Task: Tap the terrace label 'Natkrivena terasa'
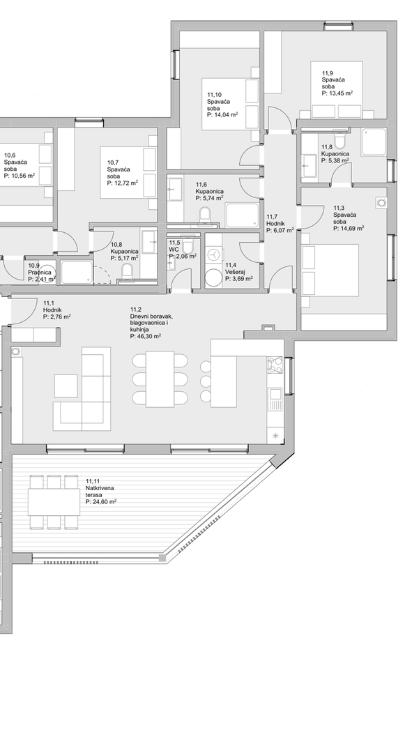pos(100,492)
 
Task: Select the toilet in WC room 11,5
pos(188,247)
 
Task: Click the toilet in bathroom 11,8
pos(340,140)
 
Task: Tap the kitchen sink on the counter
pos(275,400)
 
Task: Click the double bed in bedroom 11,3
pos(330,270)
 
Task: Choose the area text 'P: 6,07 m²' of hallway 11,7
pos(280,230)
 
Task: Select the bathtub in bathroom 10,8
pos(77,273)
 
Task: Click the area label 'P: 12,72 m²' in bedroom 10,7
pos(123,183)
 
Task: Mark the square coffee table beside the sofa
pos(66,386)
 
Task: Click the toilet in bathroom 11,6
pos(206,215)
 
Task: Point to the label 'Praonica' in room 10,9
pos(39,273)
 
